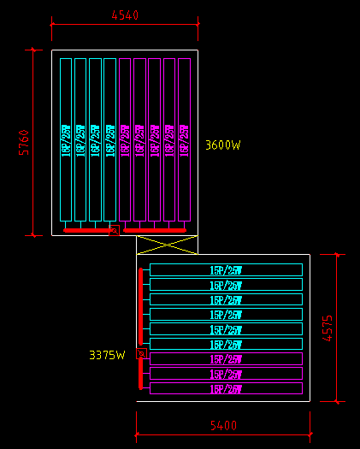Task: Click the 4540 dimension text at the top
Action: coord(124,15)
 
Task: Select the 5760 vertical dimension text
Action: coord(24,142)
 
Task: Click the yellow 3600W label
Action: coord(223,145)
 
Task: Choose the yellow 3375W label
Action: coord(107,354)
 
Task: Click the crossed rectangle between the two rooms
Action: coord(166,245)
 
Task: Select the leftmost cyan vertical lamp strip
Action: coord(66,139)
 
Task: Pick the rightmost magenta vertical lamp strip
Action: coord(184,139)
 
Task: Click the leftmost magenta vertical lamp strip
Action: coord(125,139)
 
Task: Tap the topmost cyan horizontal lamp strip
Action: coord(226,270)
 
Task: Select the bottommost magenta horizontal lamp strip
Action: coord(226,389)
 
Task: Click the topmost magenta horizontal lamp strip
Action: coord(226,359)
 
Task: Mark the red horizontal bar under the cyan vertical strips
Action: coord(88,230)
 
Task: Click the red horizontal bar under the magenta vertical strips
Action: coord(155,230)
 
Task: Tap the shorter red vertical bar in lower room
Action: coord(141,373)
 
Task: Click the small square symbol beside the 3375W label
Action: coord(142,353)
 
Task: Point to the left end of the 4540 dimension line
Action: coord(52,27)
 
